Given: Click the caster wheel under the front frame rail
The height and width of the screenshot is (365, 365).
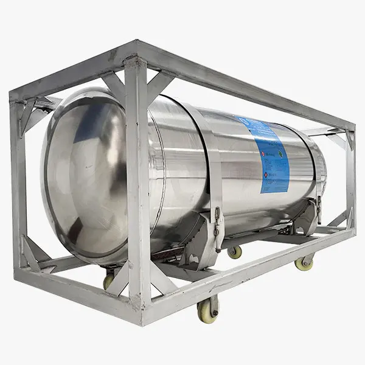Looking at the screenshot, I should click(207, 308).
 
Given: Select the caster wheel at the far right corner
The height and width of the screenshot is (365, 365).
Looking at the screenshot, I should click(304, 262).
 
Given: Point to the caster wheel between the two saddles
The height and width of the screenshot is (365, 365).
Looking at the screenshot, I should click(234, 251).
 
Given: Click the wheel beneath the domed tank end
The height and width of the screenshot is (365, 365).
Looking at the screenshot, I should click(109, 280).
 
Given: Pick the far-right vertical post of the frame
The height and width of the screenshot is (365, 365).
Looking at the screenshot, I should click(350, 176).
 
